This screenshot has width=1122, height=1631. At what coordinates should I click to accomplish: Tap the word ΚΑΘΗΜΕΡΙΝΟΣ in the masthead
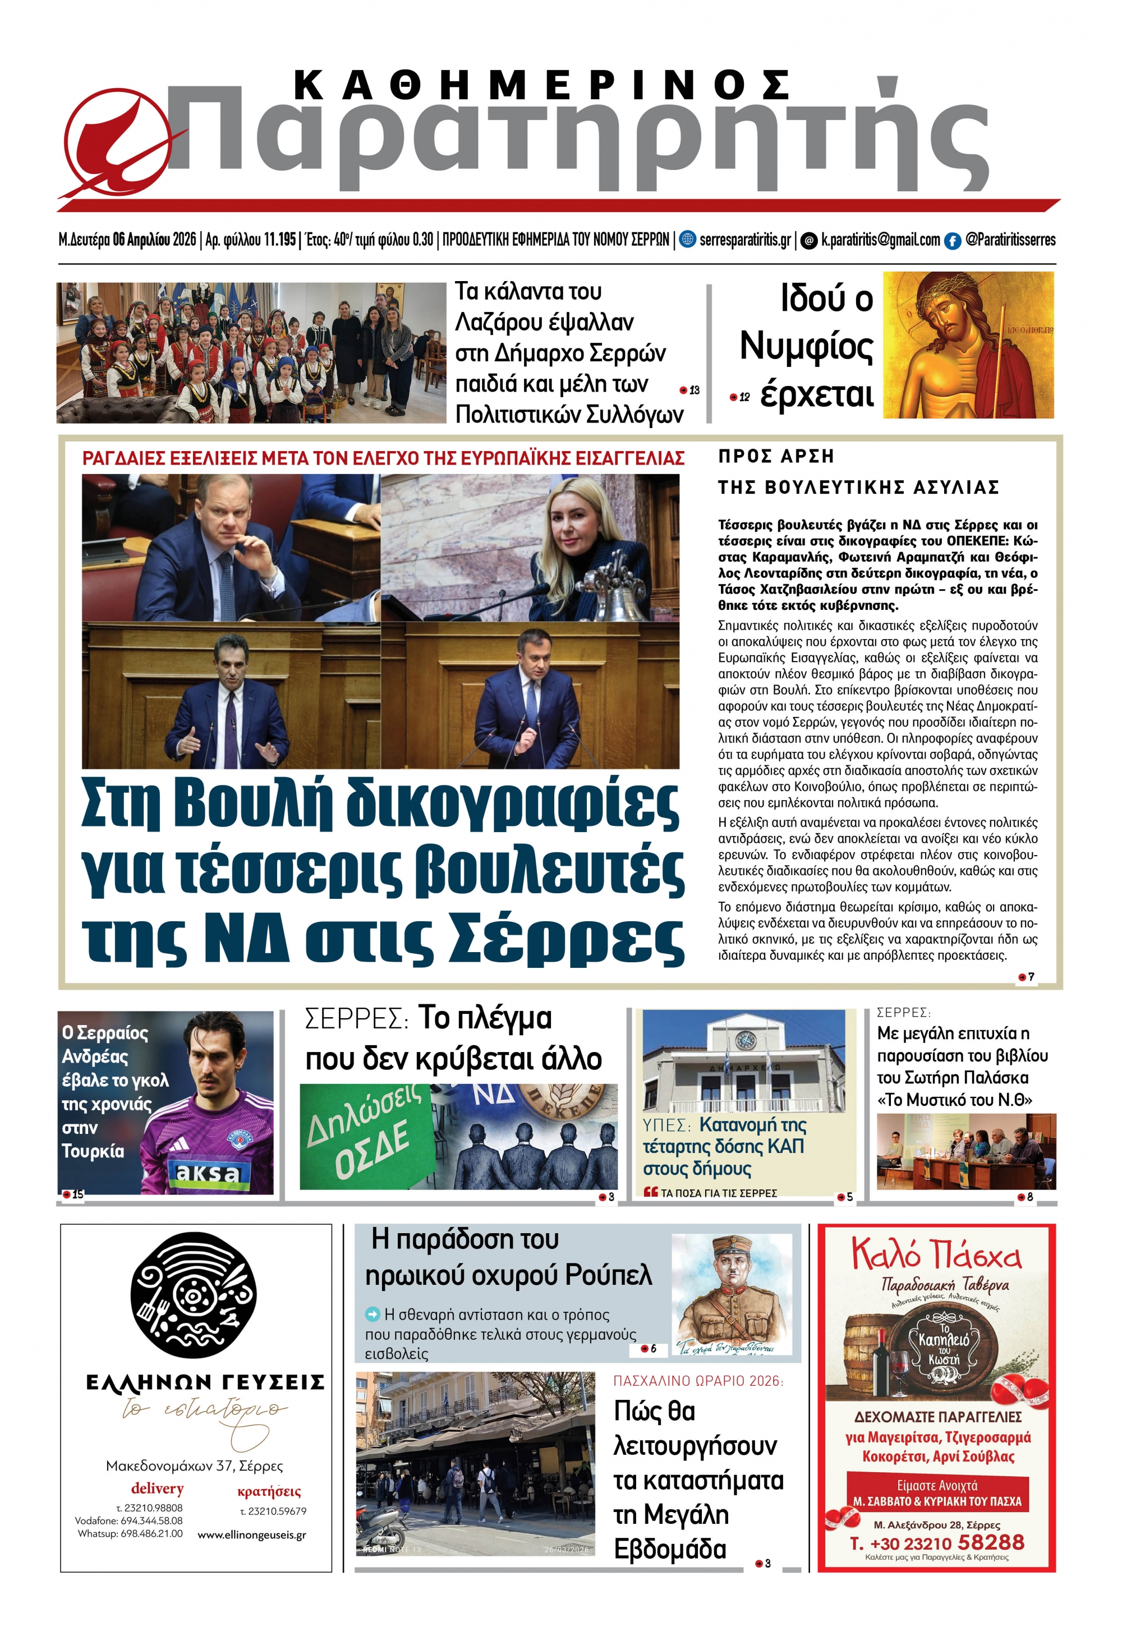pos(541,86)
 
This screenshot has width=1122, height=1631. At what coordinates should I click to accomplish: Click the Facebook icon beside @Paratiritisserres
pos(952,241)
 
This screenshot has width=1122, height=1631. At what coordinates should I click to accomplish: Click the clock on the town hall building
pos(744,1039)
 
